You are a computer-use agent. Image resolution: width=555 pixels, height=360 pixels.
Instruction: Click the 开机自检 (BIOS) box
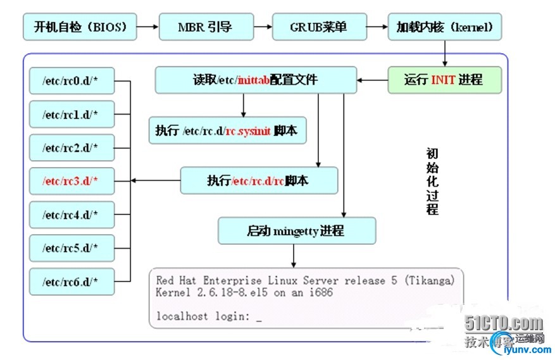pyautogui.click(x=80, y=27)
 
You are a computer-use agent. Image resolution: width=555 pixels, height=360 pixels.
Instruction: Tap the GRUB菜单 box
pyautogui.click(x=318, y=27)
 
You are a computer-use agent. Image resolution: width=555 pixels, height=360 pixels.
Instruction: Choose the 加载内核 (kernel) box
pyautogui.click(x=445, y=27)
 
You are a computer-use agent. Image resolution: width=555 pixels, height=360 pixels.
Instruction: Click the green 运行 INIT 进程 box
pyautogui.click(x=445, y=80)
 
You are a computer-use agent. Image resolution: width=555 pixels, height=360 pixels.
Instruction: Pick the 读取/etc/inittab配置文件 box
pyautogui.click(x=255, y=80)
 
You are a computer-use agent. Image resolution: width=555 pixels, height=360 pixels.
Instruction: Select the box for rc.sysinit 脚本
pyautogui.click(x=228, y=131)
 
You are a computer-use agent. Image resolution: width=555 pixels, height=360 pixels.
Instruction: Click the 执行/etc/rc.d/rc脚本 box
pyautogui.click(x=259, y=180)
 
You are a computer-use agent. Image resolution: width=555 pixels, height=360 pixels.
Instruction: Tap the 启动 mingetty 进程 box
pyautogui.click(x=297, y=231)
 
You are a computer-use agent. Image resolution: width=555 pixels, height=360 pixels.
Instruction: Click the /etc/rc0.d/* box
pyautogui.click(x=72, y=81)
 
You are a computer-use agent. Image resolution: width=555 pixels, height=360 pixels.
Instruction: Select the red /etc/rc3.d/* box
pyautogui.click(x=72, y=181)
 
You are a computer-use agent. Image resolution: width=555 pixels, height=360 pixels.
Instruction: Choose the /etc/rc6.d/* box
pyautogui.click(x=72, y=281)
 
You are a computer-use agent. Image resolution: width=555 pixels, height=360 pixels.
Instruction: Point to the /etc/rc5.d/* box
pyautogui.click(x=72, y=247)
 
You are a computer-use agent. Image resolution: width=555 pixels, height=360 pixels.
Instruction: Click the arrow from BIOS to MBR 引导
pyautogui.click(x=147, y=27)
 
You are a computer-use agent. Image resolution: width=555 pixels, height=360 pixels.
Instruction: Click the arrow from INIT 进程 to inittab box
pyautogui.click(x=371, y=80)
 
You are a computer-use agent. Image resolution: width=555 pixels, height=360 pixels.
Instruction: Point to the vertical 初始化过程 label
pyautogui.click(x=432, y=182)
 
